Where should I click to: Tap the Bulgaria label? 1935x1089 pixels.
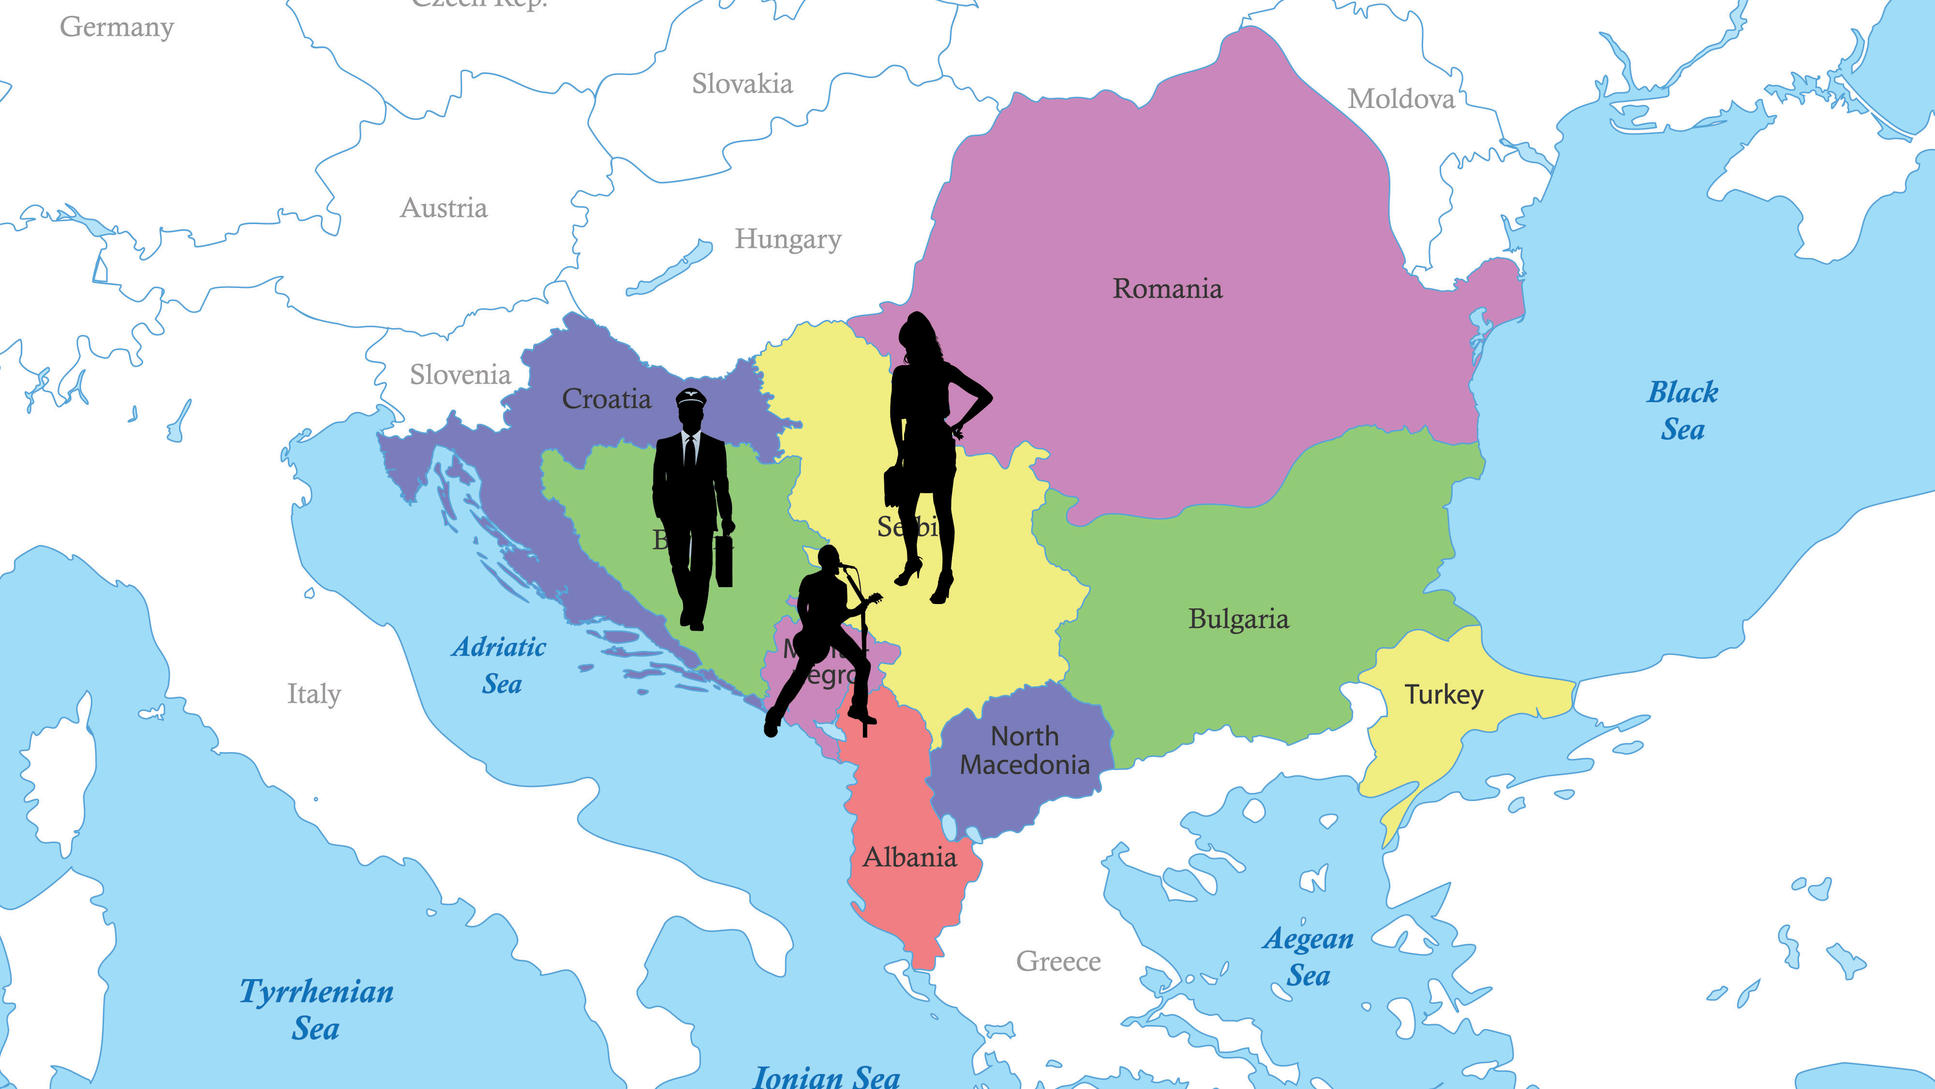(x=1238, y=620)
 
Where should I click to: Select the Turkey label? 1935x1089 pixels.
(x=1444, y=695)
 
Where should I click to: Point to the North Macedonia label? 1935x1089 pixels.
(x=1025, y=750)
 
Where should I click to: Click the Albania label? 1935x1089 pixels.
(x=909, y=858)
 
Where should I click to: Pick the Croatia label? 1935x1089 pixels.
(x=606, y=399)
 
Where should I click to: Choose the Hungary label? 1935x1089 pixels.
(x=787, y=240)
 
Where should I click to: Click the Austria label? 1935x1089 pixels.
(x=443, y=208)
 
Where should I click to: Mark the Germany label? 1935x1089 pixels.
(x=117, y=27)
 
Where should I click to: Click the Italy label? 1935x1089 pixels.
(x=314, y=694)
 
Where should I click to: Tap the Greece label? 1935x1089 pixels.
(x=1057, y=961)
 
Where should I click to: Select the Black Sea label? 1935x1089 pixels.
(x=1682, y=411)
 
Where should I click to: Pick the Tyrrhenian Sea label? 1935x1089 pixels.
(x=316, y=1009)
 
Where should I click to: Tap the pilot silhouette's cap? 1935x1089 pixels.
(x=690, y=397)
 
